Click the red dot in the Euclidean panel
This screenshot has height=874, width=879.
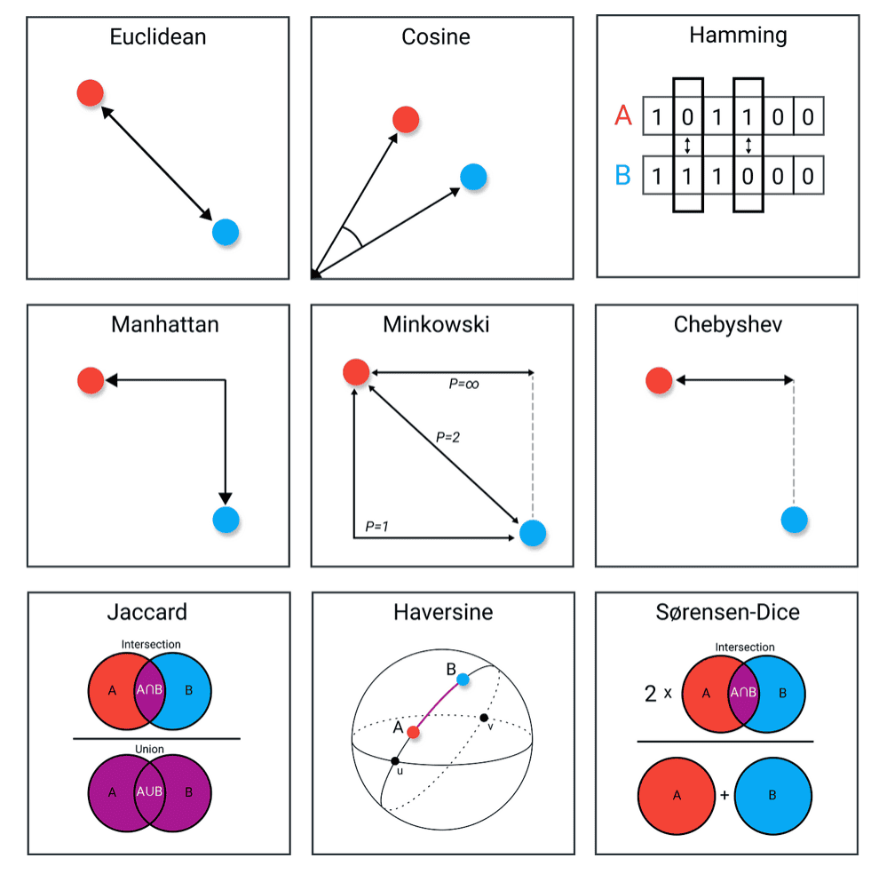tap(90, 92)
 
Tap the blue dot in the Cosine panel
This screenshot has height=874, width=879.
tap(473, 177)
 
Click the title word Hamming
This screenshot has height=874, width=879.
tap(725, 36)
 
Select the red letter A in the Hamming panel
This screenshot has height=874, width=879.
tap(622, 115)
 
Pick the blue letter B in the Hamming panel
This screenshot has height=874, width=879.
tap(622, 175)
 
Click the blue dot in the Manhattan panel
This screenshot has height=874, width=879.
tap(226, 520)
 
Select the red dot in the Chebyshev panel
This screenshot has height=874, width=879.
tap(659, 381)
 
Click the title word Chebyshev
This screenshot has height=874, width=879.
tap(727, 324)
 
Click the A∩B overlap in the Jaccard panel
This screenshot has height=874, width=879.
tap(149, 690)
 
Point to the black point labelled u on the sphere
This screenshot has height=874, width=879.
tap(395, 761)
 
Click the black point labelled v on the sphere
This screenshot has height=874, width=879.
tap(484, 717)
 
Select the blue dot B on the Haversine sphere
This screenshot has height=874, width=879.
tap(463, 679)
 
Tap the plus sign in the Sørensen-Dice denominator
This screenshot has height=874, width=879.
tap(725, 795)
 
